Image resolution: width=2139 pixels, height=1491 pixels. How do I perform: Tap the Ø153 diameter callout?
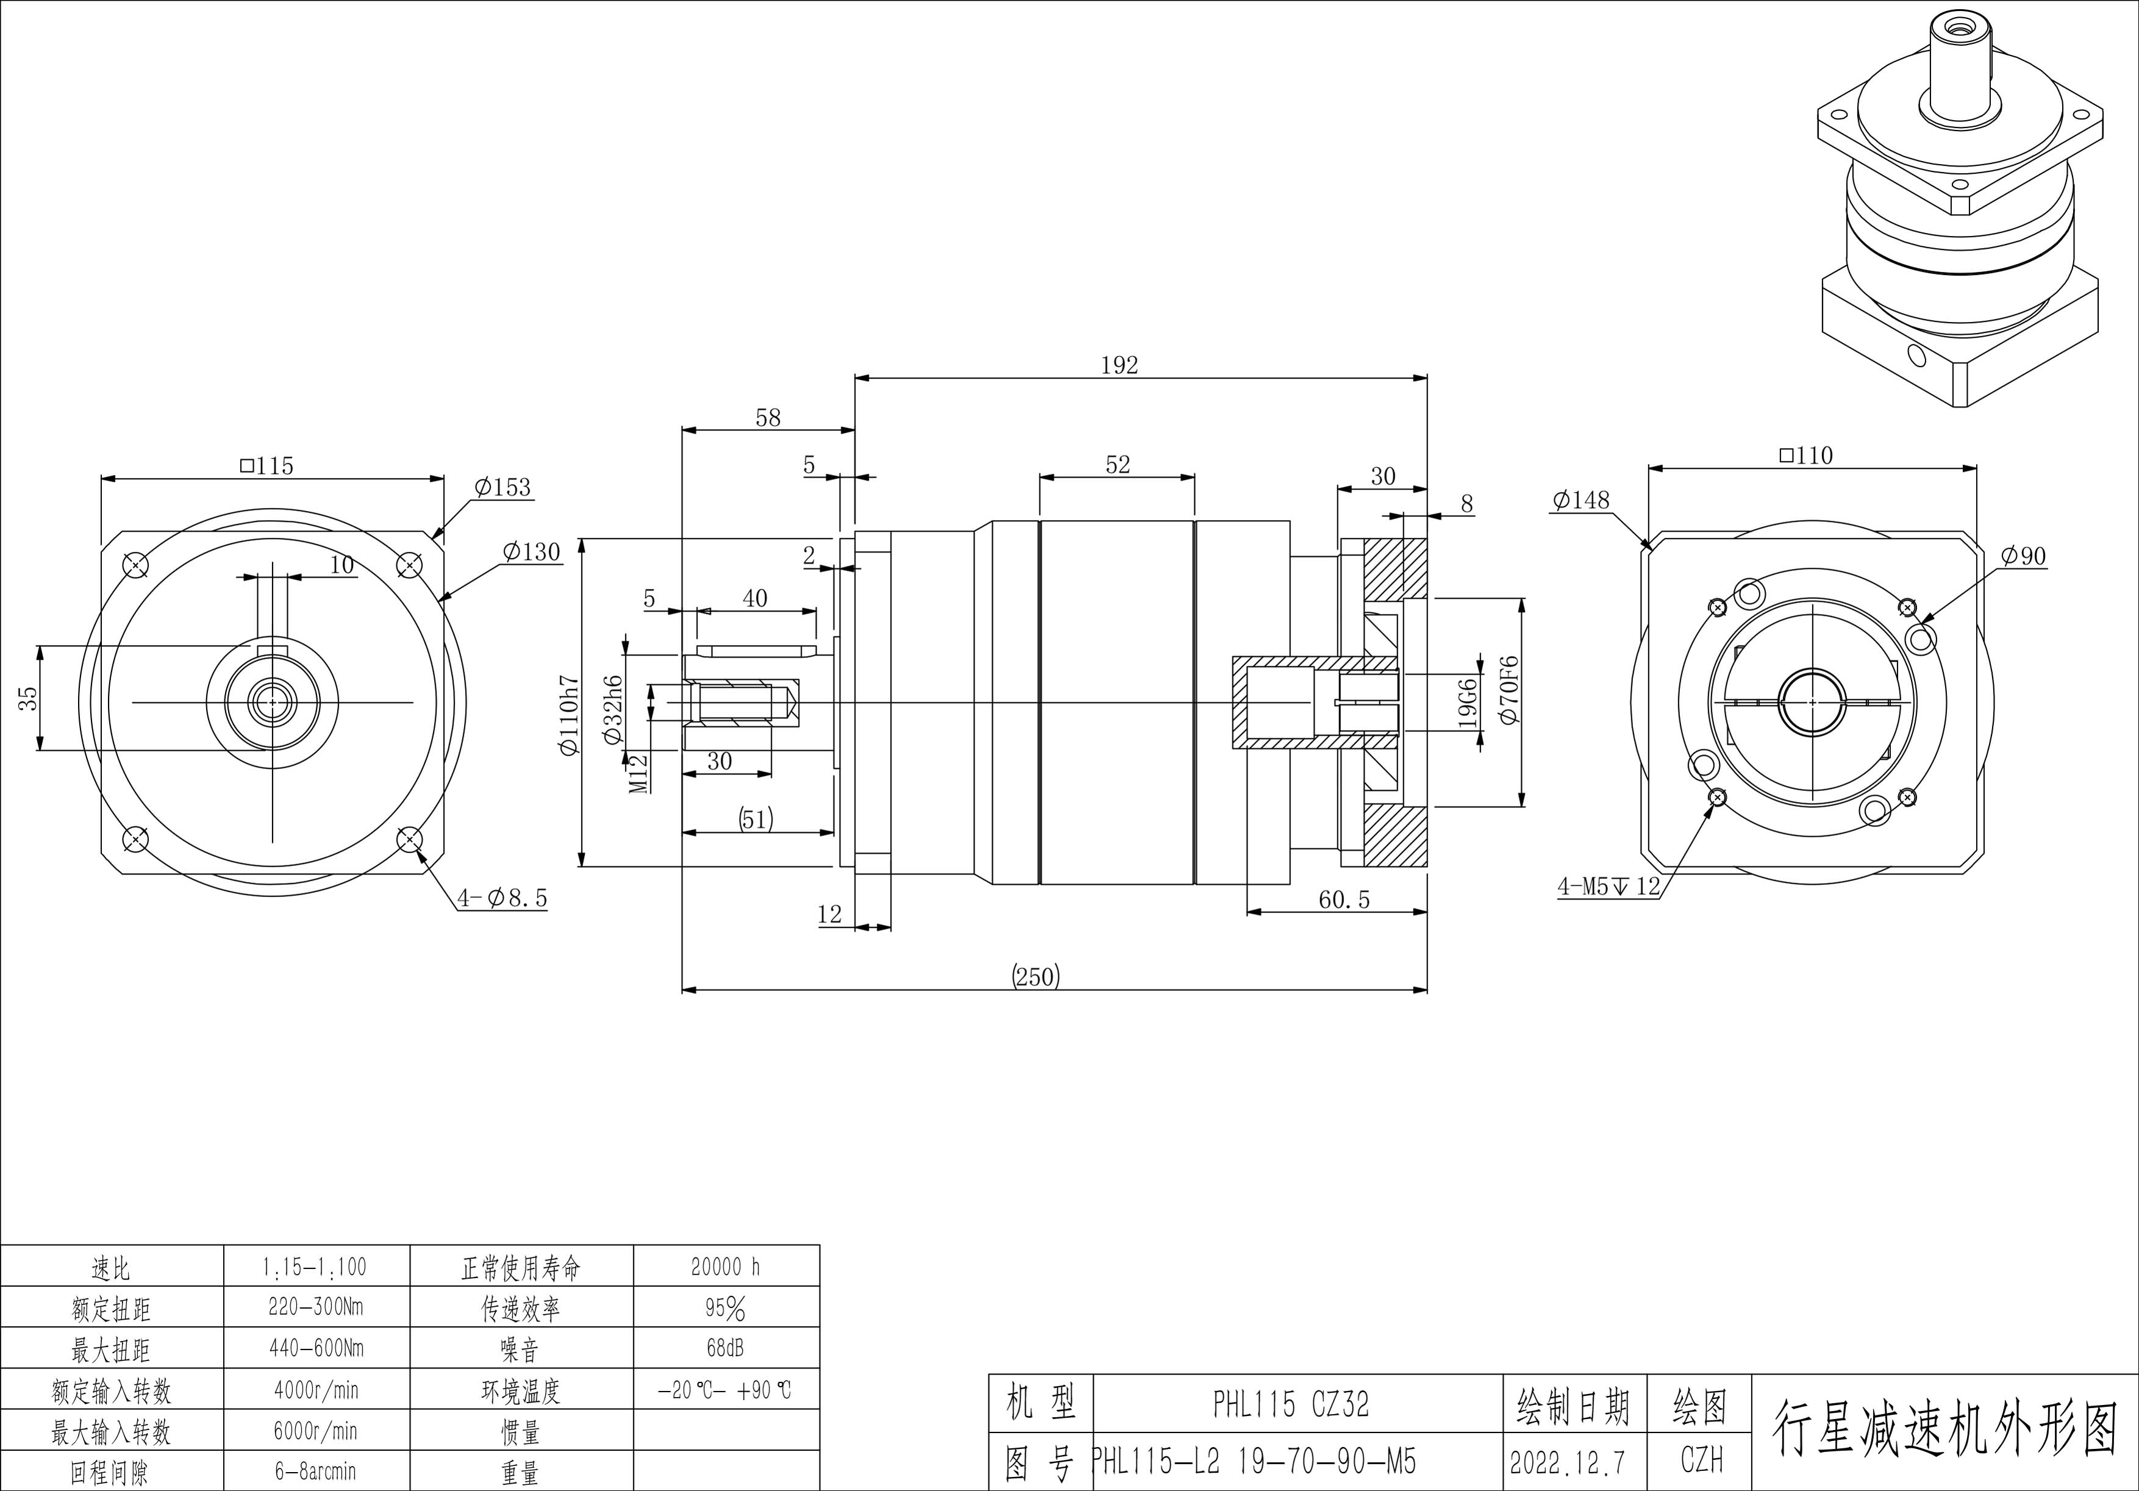502,487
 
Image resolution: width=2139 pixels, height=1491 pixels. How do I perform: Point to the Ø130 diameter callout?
531,552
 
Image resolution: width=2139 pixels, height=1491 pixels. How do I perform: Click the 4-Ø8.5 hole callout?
502,898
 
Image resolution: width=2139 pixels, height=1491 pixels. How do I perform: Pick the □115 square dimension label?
266,465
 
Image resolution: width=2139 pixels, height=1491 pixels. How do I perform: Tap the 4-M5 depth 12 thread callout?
1609,886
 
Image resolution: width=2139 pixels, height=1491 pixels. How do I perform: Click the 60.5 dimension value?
1344,899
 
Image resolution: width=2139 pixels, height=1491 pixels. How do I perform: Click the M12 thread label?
638,773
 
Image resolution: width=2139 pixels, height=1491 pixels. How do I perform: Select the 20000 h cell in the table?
726,1267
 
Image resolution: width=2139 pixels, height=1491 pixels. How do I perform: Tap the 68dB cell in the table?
726,1348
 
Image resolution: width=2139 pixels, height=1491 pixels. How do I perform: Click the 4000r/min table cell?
316,1390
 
